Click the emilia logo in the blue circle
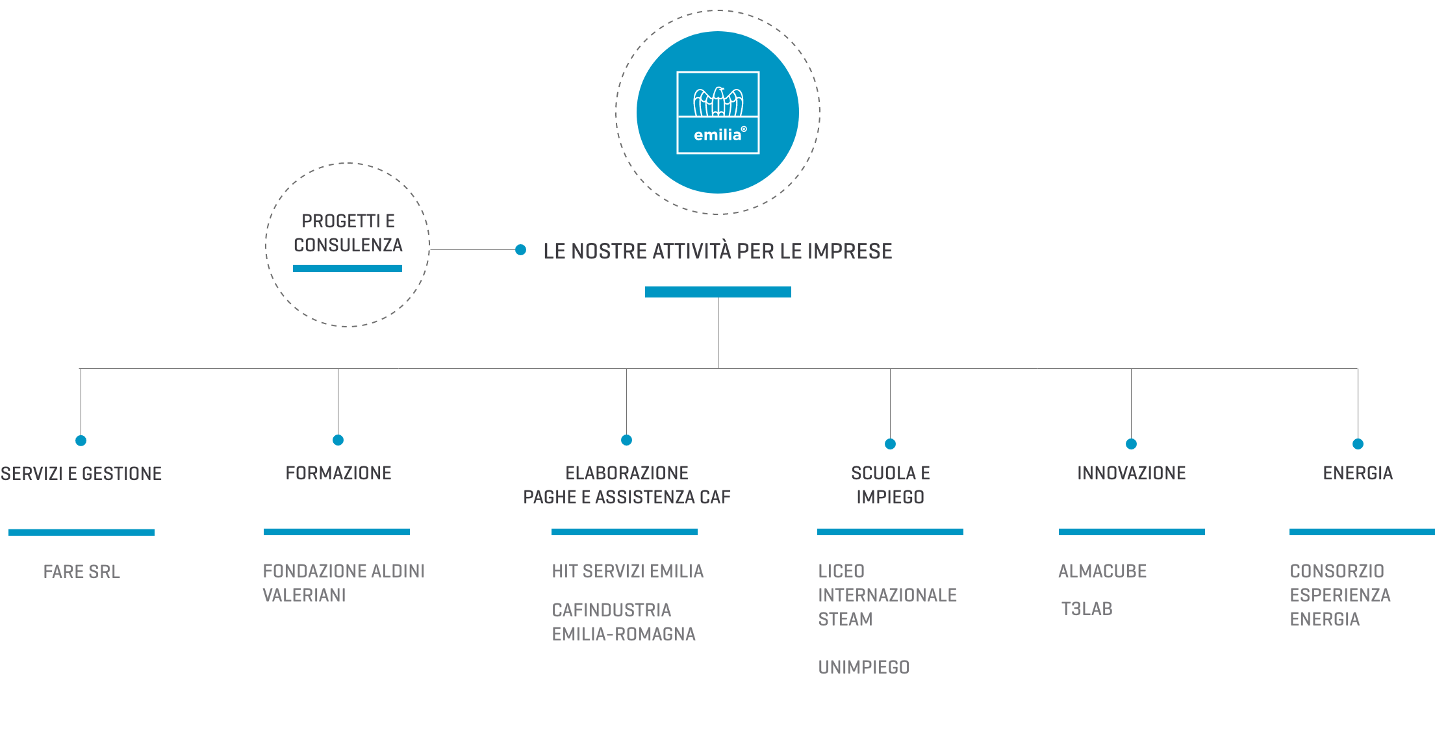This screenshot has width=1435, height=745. tap(718, 112)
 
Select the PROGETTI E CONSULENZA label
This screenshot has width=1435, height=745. tap(348, 233)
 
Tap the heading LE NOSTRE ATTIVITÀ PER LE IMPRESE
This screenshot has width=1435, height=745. tap(718, 251)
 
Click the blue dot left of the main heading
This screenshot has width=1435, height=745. tap(520, 250)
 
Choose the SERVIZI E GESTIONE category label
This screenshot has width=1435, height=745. tap(81, 474)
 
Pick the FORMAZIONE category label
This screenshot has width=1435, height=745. tap(338, 474)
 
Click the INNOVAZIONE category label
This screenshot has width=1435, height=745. tap(1132, 474)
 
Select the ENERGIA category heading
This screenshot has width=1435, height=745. tap(1358, 474)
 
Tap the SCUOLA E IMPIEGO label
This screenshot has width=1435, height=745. tap(891, 485)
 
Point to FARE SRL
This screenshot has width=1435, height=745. tap(82, 572)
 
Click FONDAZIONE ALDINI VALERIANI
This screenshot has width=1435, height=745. tap(344, 583)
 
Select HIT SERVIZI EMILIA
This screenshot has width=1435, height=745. tap(628, 572)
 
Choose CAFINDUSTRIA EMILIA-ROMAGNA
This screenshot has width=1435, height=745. tap(624, 622)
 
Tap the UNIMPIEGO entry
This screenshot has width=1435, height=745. tap(864, 668)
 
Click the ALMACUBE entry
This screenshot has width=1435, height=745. tap(1102, 572)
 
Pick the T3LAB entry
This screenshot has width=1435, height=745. tap(1087, 609)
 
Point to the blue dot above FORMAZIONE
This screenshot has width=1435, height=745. tap(338, 440)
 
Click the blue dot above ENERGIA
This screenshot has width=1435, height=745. tap(1358, 444)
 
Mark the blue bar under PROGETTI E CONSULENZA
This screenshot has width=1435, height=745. tap(348, 269)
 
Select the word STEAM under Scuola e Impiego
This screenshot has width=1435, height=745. tap(845, 620)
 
